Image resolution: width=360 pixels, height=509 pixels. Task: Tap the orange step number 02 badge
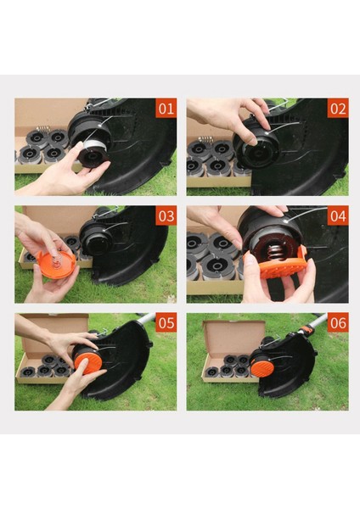pyautogui.click(x=337, y=109)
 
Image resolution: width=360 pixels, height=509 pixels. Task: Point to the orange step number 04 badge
pyautogui.click(x=337, y=216)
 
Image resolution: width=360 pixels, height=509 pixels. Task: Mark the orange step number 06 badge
pyautogui.click(x=337, y=324)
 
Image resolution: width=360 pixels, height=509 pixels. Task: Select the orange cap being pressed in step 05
pyautogui.click(x=86, y=363)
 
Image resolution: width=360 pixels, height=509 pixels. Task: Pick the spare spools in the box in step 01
pyautogui.click(x=44, y=146)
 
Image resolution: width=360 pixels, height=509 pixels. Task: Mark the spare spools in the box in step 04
pyautogui.click(x=208, y=259)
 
